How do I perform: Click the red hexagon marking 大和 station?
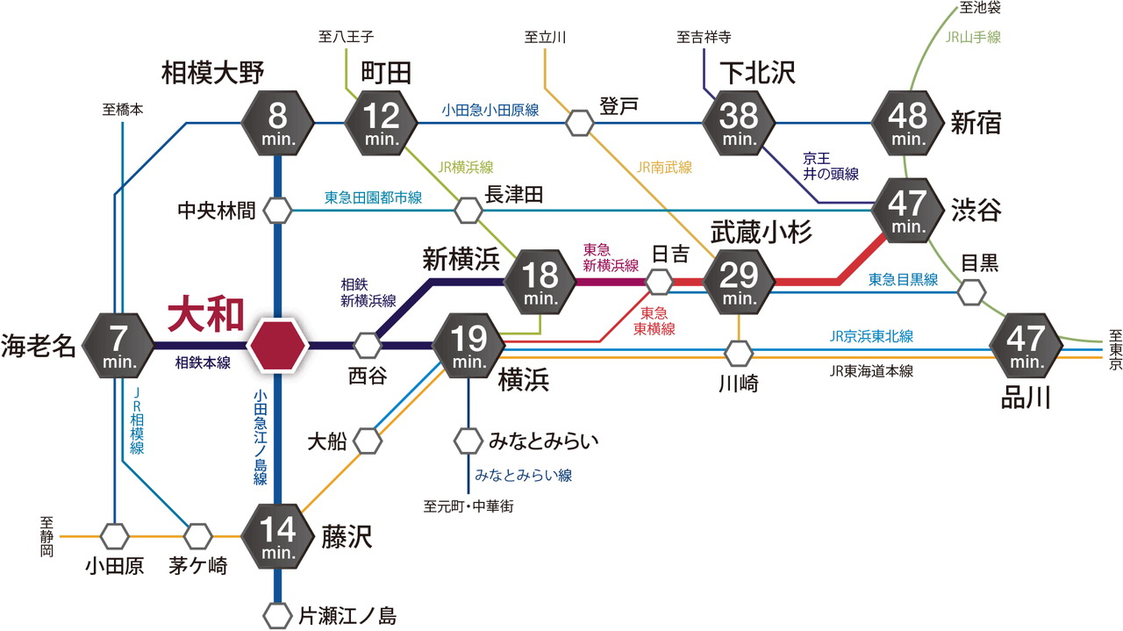278,344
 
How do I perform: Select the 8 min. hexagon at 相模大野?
278,122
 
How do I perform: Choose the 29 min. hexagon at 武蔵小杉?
739,282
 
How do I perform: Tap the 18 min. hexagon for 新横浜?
540,282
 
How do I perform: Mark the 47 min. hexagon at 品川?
1024,344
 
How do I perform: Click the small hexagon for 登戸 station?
580,122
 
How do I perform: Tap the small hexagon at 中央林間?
278,211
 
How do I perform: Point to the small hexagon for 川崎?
739,353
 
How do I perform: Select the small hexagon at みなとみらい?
469,439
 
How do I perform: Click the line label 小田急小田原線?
490,111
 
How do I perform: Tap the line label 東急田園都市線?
373,198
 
